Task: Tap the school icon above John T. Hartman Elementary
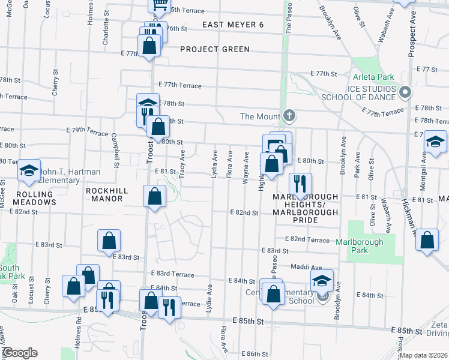point(28,171)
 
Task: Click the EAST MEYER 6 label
point(233,25)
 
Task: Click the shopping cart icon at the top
point(159,5)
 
